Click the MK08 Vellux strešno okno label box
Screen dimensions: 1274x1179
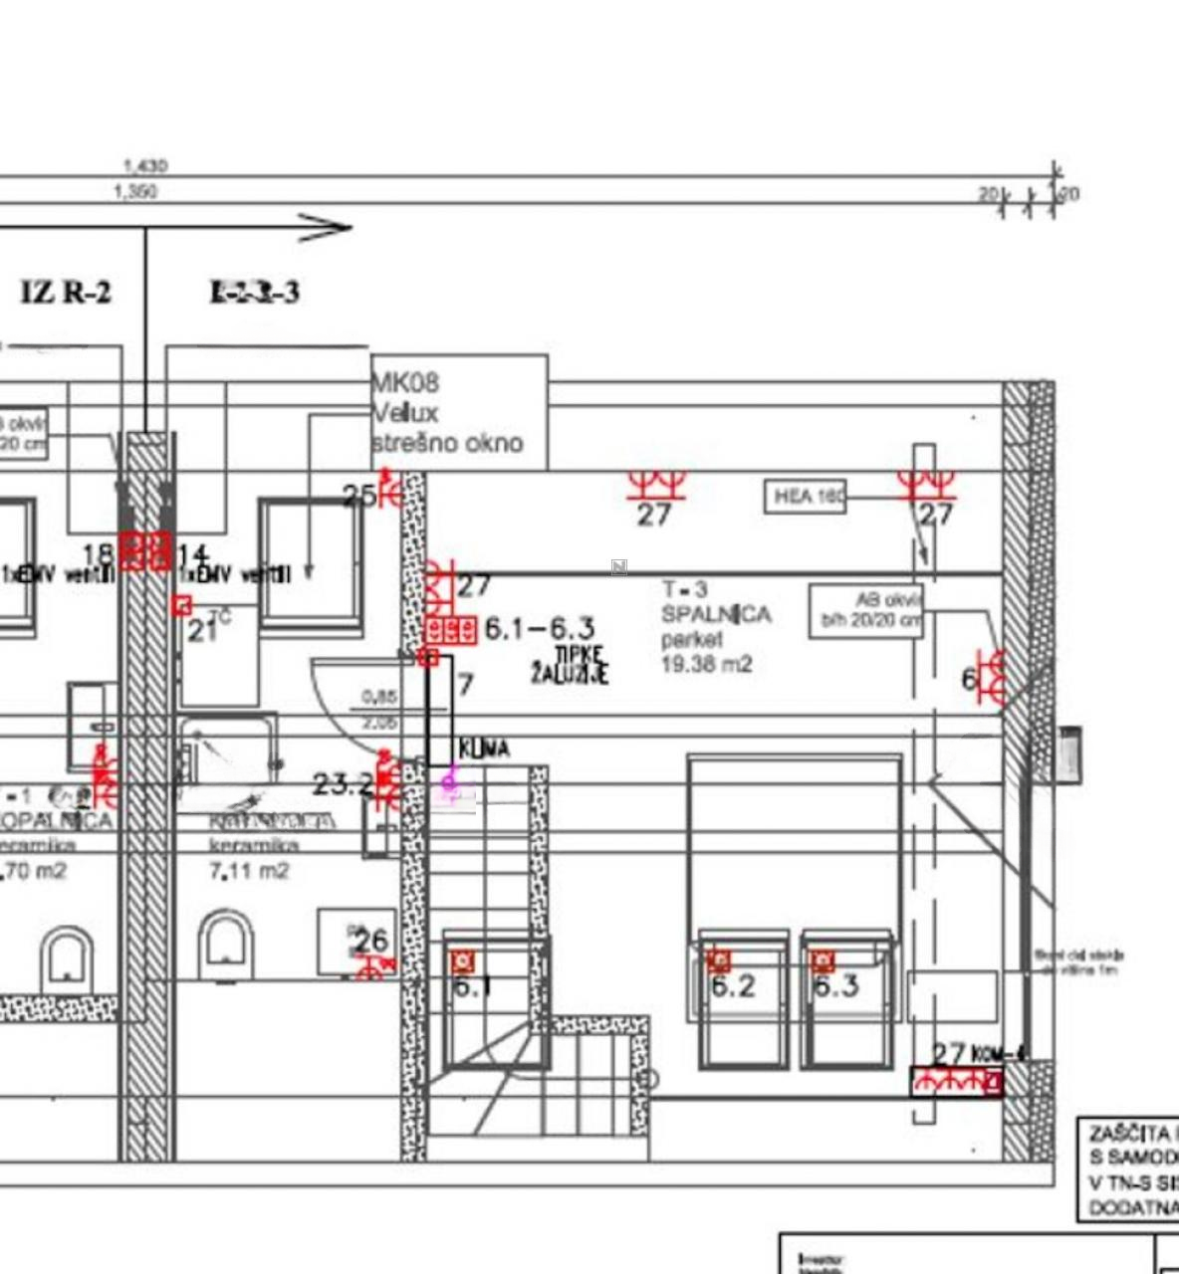click(459, 412)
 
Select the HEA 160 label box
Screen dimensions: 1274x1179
click(805, 496)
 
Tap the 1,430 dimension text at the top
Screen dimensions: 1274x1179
click(145, 166)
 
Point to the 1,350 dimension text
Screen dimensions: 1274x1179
click(136, 191)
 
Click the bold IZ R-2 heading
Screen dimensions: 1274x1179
click(66, 293)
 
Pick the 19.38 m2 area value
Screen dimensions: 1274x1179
click(707, 664)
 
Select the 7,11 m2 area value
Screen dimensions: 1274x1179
click(249, 871)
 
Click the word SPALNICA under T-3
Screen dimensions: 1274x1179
click(716, 614)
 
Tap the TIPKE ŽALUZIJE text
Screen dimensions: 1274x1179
click(570, 664)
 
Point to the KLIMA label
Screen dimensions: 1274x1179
click(484, 748)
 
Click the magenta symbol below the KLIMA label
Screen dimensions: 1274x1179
click(450, 783)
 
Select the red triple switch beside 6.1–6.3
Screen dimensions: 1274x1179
click(451, 629)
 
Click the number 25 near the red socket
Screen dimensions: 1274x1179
click(358, 495)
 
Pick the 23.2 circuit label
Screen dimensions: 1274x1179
click(342, 784)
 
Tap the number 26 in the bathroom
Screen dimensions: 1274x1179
click(370, 941)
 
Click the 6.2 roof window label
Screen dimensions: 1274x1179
click(733, 986)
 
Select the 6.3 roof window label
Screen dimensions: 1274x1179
click(835, 986)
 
